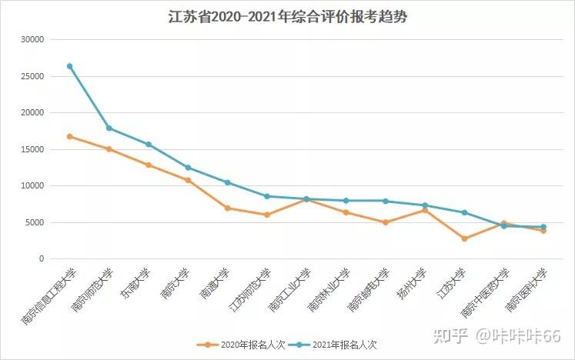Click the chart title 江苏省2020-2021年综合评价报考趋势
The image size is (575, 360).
pos(287,16)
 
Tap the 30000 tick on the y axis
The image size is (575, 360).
pos(32,39)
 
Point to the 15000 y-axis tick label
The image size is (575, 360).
pos(32,149)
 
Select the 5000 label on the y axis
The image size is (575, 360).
pos(35,223)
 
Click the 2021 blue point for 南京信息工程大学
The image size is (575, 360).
pos(69,66)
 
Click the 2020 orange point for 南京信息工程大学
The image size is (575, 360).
pos(69,136)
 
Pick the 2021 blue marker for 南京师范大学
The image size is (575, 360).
pos(109,128)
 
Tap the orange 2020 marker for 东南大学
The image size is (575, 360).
pos(149,165)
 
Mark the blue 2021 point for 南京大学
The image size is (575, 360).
pos(188,168)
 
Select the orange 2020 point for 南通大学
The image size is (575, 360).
pos(227,208)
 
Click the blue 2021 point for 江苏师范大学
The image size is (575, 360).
pos(267,196)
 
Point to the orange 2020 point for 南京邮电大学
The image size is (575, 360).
pos(385,222)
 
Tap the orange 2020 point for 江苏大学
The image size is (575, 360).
pos(464,238)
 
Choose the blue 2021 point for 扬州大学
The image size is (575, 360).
pos(425,205)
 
